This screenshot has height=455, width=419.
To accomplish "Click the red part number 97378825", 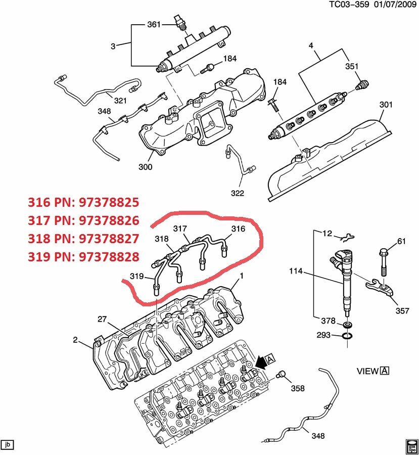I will [109, 203].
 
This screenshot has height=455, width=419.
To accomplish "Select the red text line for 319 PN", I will [83, 257].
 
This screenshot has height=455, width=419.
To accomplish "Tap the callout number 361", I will [153, 24].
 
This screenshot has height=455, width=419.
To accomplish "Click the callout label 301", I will [386, 105].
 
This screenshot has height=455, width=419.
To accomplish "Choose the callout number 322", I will [237, 193].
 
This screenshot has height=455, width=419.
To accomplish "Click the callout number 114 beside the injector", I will [296, 271].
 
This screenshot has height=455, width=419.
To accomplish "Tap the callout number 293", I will [324, 336].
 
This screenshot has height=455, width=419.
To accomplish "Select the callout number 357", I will [402, 311].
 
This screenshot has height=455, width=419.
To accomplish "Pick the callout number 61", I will [401, 241].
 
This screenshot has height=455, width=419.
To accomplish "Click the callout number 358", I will [298, 388].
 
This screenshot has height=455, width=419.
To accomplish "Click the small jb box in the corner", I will [8, 445].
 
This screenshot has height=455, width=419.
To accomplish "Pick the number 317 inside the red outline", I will [180, 229].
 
